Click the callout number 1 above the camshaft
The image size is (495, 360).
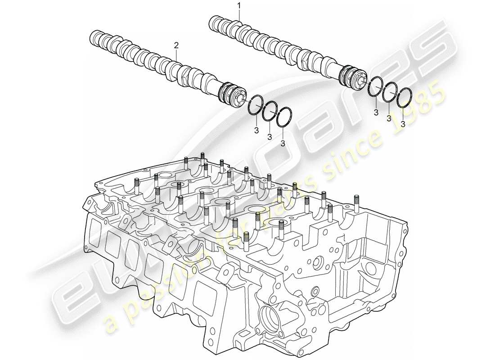(x=239, y=5)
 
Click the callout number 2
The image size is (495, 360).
(x=176, y=45)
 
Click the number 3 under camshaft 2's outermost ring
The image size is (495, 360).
(x=283, y=143)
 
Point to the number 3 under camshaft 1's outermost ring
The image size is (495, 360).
(x=403, y=123)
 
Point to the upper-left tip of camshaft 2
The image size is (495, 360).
(x=93, y=37)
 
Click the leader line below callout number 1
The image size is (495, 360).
(x=239, y=16)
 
